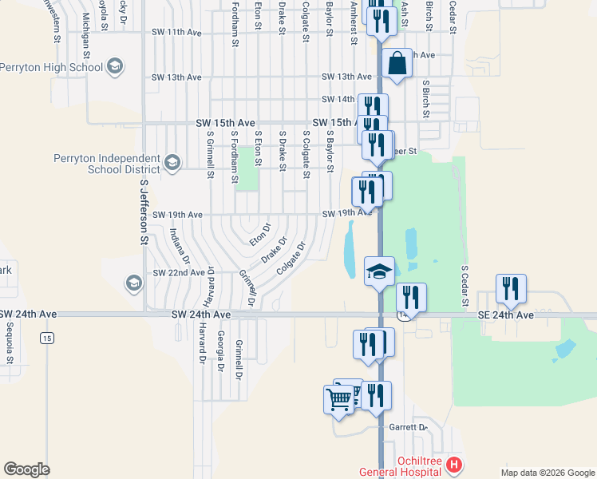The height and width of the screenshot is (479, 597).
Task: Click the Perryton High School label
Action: pos(52,67)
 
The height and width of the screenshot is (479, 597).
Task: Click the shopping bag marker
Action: pos(396,63)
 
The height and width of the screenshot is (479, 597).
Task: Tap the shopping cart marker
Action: pos(338,398)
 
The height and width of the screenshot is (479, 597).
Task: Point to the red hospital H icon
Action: pos(453,464)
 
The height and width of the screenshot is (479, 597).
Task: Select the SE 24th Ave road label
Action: pos(505,315)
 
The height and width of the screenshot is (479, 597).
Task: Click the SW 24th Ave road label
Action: pos(201,315)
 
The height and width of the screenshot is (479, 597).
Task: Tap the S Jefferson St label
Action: pos(144,211)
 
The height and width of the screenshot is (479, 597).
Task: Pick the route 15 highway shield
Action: pos(47,339)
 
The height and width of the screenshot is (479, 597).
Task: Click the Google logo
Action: pos(26,470)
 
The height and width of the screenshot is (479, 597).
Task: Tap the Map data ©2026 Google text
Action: pos(547,473)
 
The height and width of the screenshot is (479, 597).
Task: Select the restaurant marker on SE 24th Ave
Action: pos(510,289)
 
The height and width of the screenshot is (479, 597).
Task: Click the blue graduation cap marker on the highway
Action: pos(379,271)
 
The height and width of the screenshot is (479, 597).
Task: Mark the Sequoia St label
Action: pos(10,344)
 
